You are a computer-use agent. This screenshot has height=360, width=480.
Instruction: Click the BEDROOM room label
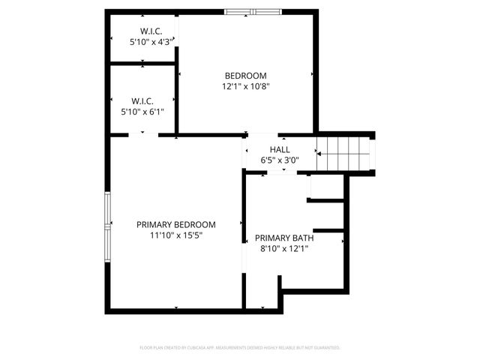pyautogui.click(x=245, y=75)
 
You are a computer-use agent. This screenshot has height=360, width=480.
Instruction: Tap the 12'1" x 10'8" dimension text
pyautogui.click(x=245, y=86)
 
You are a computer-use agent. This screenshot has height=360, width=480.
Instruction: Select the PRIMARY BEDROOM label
pyautogui.click(x=175, y=224)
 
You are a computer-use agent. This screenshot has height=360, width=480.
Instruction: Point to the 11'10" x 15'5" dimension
pyautogui.click(x=175, y=235)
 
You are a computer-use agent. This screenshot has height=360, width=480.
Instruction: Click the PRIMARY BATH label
pyautogui.click(x=284, y=238)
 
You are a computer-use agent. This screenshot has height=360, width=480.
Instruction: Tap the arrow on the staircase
pyautogui.click(x=330, y=153)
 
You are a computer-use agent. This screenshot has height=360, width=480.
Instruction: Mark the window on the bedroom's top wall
pyautogui.click(x=253, y=11)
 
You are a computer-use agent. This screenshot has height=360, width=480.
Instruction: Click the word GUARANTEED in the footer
pyautogui.click(x=324, y=348)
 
